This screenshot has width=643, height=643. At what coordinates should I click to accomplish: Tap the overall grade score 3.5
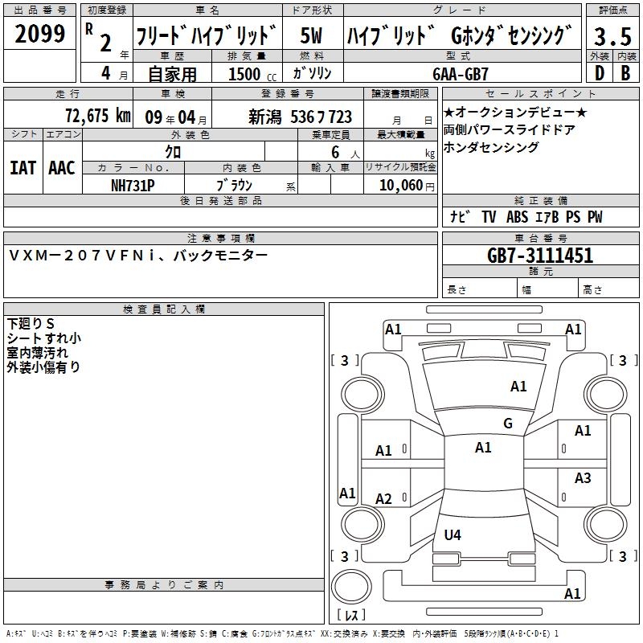tap(612, 37)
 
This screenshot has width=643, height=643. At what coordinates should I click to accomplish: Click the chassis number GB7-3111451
tap(540, 256)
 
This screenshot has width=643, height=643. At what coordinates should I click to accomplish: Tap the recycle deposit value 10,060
tap(400, 185)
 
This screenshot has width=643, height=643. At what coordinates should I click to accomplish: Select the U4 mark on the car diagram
tap(453, 534)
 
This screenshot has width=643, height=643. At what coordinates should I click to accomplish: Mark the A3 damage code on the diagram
tap(583, 478)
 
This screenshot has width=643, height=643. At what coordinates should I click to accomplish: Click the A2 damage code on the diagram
tap(384, 499)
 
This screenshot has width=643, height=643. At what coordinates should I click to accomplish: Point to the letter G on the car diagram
tap(507, 424)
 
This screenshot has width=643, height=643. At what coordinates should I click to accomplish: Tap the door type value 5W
tap(312, 37)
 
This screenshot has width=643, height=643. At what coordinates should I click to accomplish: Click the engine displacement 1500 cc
tap(252, 74)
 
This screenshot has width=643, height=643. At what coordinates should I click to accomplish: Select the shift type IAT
tap(23, 168)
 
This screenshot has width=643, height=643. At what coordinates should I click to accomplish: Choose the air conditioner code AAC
tap(61, 168)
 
